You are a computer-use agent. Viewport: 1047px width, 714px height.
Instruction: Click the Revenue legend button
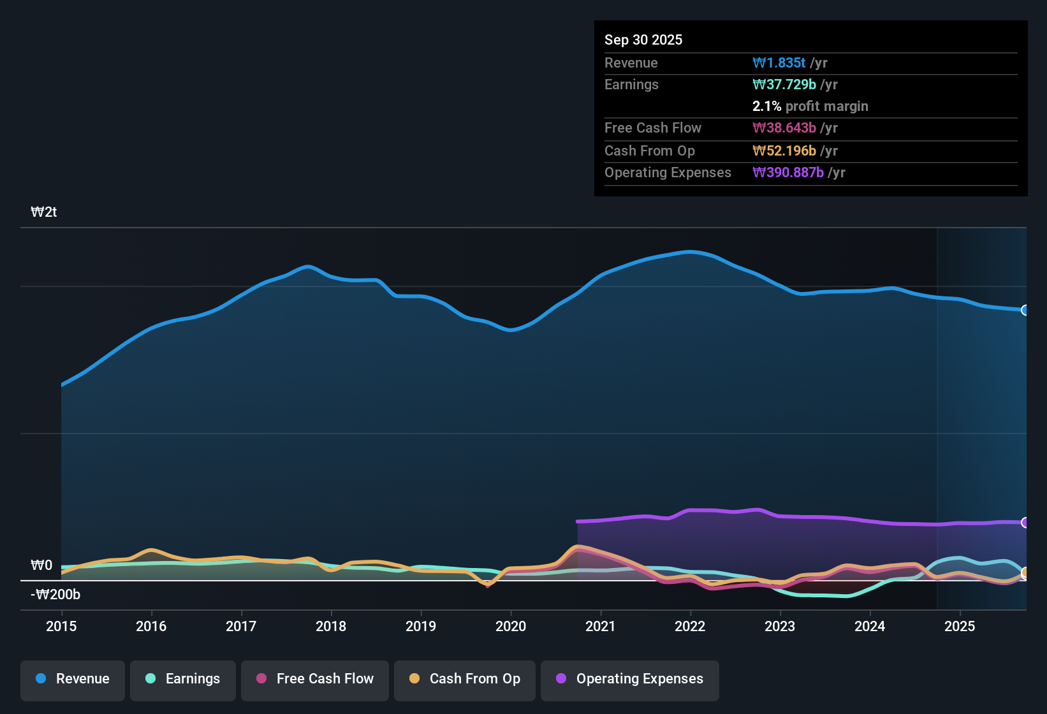[x=73, y=679]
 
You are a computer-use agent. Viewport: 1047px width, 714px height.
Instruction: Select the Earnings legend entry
[x=183, y=679]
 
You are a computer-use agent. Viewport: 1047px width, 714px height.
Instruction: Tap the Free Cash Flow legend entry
[x=315, y=679]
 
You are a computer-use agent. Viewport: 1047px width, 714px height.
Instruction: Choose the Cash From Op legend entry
[x=465, y=679]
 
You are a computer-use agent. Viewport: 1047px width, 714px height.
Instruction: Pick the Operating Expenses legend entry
[x=629, y=679]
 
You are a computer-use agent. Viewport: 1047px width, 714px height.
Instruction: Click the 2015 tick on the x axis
[x=61, y=626]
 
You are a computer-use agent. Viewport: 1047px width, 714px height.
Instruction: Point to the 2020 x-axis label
[x=511, y=626]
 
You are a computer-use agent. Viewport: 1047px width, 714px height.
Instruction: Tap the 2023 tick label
[x=780, y=626]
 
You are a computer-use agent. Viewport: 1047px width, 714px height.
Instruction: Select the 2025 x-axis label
[x=960, y=626]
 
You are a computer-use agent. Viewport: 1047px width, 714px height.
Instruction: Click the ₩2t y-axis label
[x=44, y=212]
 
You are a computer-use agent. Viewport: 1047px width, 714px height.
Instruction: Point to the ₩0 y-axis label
[x=41, y=565]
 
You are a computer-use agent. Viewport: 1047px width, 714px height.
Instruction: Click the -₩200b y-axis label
[x=55, y=595]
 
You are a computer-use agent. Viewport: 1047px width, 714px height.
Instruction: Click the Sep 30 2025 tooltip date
[x=643, y=40]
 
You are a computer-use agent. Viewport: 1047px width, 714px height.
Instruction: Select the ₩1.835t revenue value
[x=779, y=62]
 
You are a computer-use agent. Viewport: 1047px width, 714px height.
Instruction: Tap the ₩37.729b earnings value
[x=784, y=84]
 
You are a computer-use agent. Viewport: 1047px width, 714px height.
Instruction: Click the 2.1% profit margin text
[x=810, y=106]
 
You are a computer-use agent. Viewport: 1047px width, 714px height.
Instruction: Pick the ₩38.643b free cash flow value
[x=784, y=127]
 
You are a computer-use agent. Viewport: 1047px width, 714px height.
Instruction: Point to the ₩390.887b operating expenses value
[x=787, y=172]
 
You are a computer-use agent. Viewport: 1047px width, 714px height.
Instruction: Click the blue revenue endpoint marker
[x=1025, y=310]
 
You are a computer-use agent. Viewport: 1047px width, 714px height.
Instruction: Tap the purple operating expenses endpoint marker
[x=1025, y=523]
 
